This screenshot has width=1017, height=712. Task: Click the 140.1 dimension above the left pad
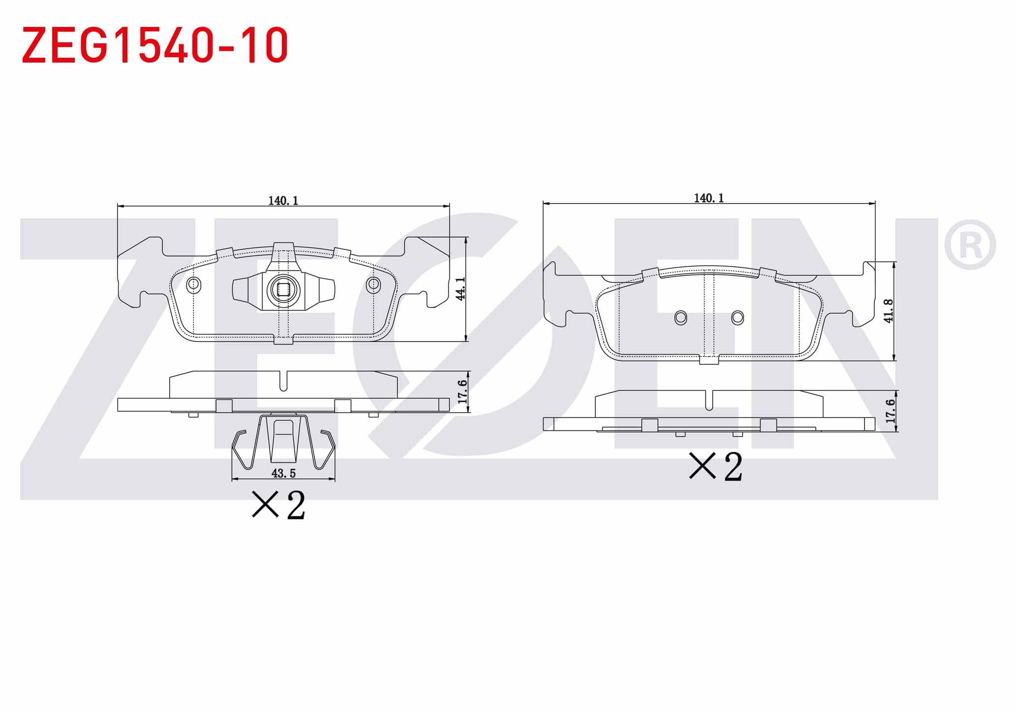(283, 200)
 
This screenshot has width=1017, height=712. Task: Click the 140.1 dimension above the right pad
(709, 198)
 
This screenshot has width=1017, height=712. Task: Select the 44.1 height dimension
(460, 289)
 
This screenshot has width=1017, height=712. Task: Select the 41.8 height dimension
(888, 311)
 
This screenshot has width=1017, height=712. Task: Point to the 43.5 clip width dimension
(284, 473)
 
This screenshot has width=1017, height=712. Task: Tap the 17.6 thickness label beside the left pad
(462, 392)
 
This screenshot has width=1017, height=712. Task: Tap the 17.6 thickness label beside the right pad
(890, 411)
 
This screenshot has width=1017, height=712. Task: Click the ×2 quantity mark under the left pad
(279, 504)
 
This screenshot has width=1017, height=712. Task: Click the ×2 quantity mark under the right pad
(716, 466)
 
